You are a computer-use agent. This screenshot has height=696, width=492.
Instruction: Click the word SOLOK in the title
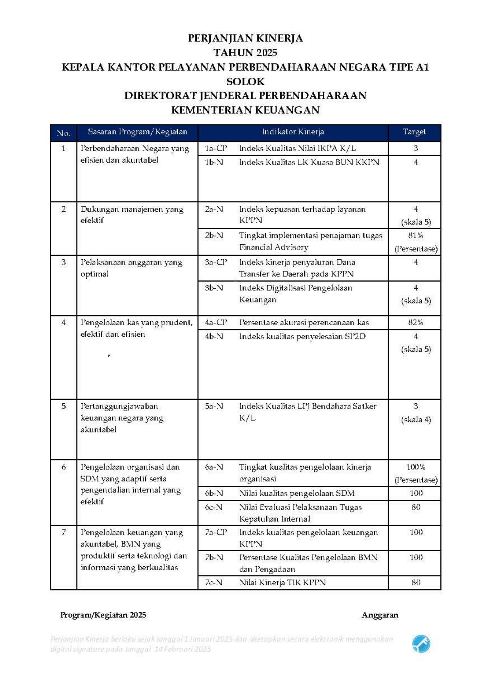245,82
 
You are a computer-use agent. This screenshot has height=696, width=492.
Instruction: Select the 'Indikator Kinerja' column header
293,132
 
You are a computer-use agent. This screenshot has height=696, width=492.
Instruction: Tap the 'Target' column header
414,132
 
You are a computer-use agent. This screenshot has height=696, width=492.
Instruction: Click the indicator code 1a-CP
216,149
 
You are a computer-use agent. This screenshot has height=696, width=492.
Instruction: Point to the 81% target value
415,236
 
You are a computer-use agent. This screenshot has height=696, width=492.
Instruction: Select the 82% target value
415,322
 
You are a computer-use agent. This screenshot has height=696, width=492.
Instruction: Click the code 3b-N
214,288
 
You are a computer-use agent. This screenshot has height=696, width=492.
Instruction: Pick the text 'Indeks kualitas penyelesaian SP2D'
302,337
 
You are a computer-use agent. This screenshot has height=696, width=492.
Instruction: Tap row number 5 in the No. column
63,406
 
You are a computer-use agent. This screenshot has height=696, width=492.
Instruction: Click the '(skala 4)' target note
416,420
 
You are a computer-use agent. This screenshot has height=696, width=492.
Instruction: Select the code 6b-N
214,493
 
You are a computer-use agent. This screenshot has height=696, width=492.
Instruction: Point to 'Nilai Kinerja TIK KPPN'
282,583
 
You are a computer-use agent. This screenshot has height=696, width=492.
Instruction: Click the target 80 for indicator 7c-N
416,583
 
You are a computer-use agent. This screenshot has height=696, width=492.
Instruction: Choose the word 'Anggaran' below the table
380,615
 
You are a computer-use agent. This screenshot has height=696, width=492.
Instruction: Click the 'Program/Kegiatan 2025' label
103,615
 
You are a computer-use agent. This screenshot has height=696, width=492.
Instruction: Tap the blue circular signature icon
421,643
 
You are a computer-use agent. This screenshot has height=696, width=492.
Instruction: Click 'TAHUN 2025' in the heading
245,53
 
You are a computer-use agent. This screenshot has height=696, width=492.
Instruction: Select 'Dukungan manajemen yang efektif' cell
132,215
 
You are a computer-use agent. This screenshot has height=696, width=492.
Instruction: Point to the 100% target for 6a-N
415,467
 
